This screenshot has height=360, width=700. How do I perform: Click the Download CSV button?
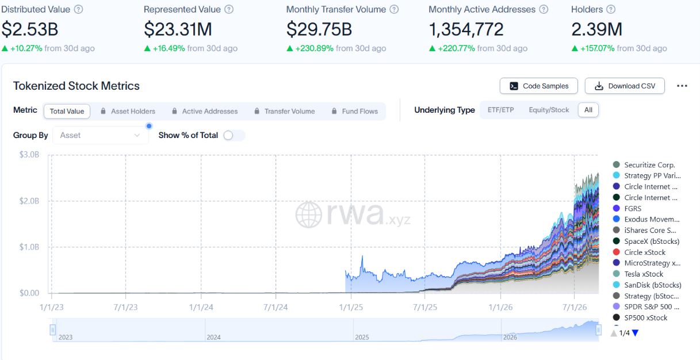tap(625, 86)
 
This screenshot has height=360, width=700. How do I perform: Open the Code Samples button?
tap(539, 86)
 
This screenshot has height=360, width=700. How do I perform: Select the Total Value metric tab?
tap(67, 111)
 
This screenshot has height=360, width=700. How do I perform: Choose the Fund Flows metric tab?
tap(355, 111)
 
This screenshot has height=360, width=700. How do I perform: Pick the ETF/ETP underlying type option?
tap(500, 110)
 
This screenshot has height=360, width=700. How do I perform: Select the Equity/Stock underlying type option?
tap(549, 110)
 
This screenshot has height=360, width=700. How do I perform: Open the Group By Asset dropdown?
tap(100, 135)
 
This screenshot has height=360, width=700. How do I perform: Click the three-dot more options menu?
tap(682, 86)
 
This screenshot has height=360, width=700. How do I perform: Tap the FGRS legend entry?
tap(627, 208)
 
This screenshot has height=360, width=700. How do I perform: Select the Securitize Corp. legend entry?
tap(644, 164)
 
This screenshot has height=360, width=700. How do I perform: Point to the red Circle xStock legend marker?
tap(616, 252)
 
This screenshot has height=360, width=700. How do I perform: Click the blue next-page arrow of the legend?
tap(636, 333)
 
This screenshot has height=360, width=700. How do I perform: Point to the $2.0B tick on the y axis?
tap(29, 201)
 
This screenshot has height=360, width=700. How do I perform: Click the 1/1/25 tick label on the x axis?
tap(351, 307)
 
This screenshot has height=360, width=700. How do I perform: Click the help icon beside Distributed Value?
tap(78, 9)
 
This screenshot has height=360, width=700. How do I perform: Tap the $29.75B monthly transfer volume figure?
tap(319, 29)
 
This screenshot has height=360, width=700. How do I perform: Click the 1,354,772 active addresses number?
tap(466, 29)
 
